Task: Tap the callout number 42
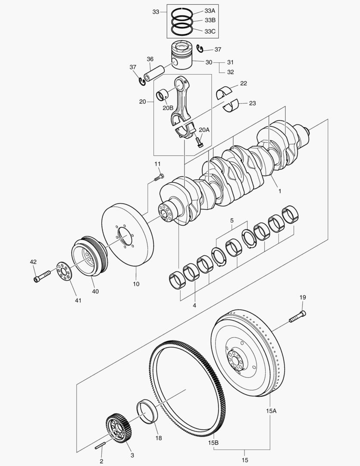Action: pos(33,261)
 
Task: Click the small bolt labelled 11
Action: pos(159,177)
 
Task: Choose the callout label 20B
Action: pos(168,108)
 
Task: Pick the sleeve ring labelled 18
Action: pos(147,412)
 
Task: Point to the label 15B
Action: pos(213,443)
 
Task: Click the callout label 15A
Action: pos(271,411)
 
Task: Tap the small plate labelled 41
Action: pos(64,271)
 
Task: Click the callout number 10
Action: pos(136,284)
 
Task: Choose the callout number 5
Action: pos(232,220)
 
